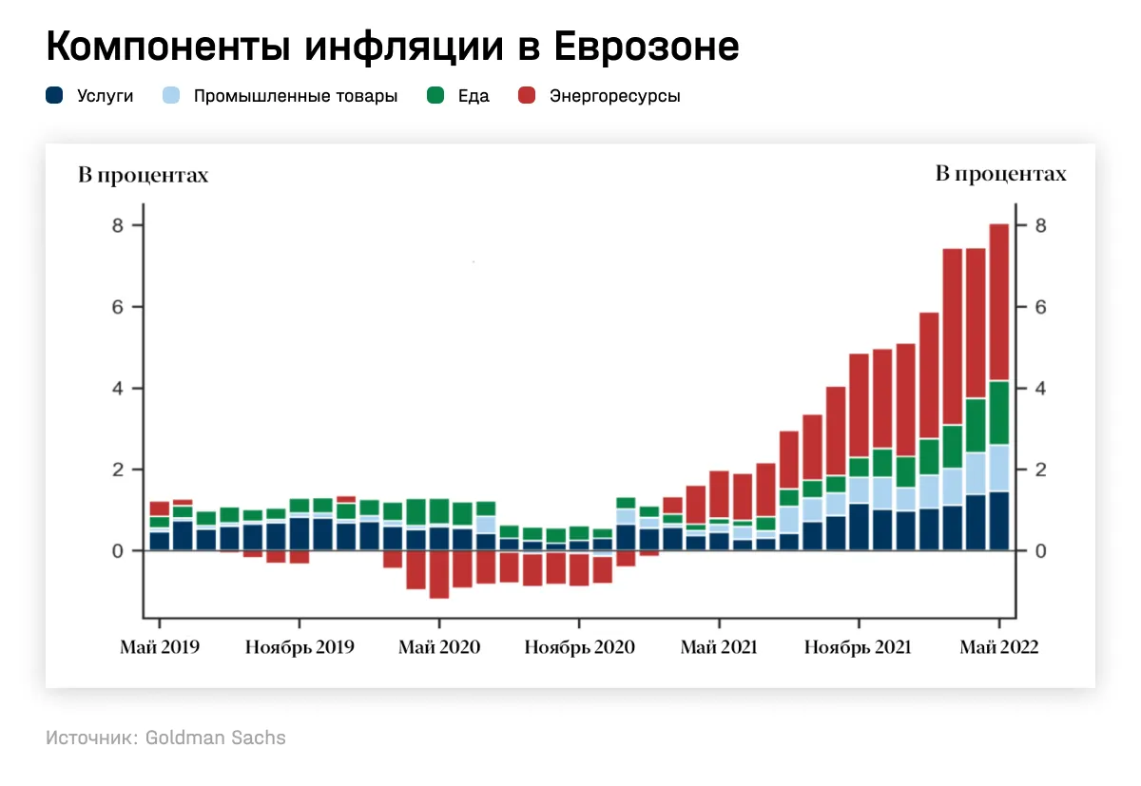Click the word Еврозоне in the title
point(647,47)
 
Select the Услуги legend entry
point(105,96)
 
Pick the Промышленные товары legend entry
point(295,96)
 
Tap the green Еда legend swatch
point(436,96)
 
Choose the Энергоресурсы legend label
point(614,96)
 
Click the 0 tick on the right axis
point(1041,551)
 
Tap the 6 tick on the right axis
point(1041,307)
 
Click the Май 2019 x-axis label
point(160,647)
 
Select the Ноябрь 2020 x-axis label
point(580,647)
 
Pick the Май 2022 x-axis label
point(998,647)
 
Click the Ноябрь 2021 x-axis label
point(858,647)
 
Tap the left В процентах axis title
point(143,175)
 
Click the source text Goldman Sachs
point(215,738)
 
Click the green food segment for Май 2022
point(998,412)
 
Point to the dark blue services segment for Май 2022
point(998,521)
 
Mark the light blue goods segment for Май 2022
point(998,468)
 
